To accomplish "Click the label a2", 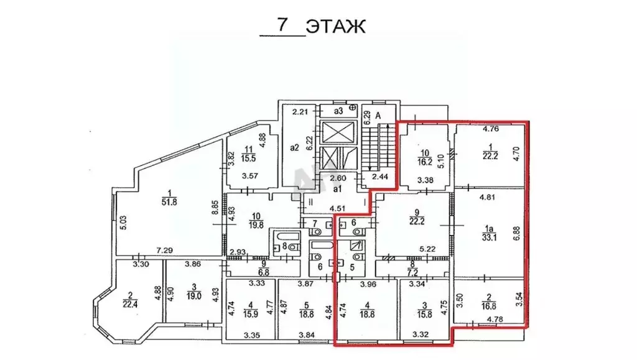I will click(294, 149).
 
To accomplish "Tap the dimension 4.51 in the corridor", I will click(338, 208).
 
